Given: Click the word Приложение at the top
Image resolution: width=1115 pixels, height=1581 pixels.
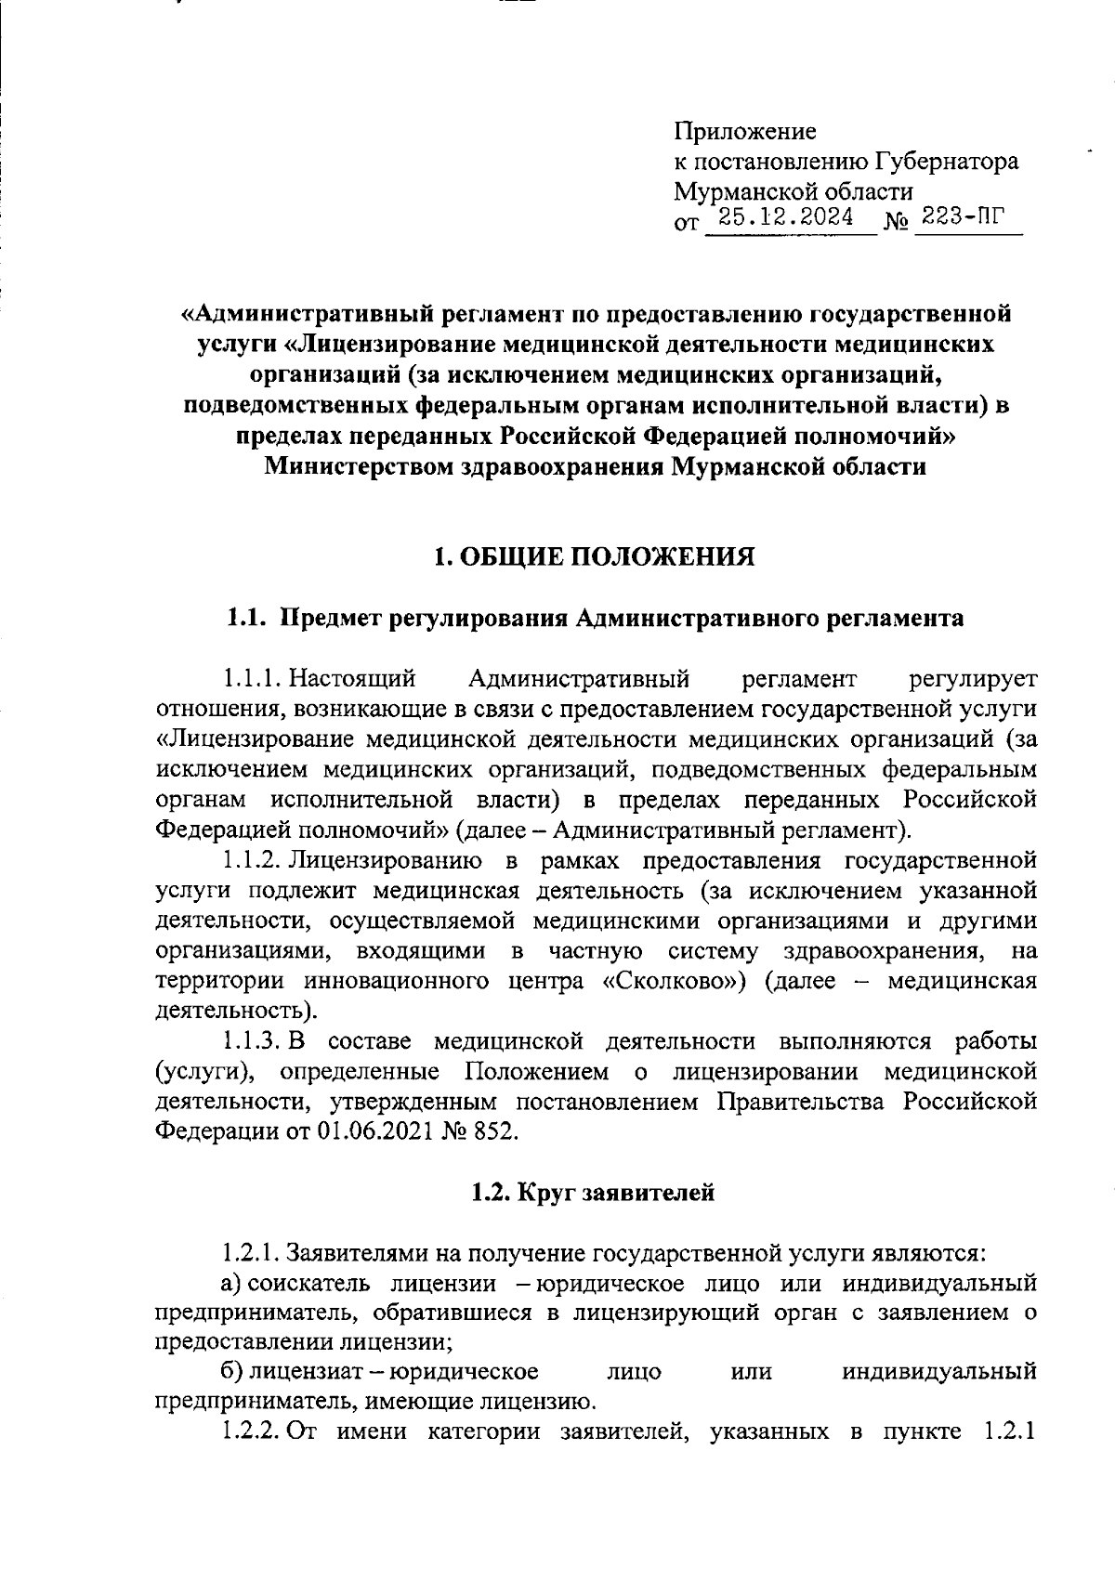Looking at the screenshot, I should click(745, 132).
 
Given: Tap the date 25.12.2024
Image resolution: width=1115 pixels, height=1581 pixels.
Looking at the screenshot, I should click(790, 219).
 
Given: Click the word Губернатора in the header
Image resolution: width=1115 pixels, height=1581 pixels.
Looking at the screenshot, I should click(945, 162).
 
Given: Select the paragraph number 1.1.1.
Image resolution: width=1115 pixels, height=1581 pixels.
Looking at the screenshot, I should click(253, 679).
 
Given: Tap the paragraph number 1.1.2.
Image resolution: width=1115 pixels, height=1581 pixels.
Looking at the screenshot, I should click(253, 860).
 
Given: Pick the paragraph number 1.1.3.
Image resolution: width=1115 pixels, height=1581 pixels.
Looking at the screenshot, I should click(253, 1041).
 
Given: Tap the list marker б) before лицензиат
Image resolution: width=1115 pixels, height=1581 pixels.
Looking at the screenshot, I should click(231, 1371).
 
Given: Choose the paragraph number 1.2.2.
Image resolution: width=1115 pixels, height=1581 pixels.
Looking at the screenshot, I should click(253, 1431).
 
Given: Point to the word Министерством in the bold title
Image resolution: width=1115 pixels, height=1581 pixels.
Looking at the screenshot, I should click(361, 466).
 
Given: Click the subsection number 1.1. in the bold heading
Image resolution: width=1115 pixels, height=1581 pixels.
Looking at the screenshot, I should click(248, 618).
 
